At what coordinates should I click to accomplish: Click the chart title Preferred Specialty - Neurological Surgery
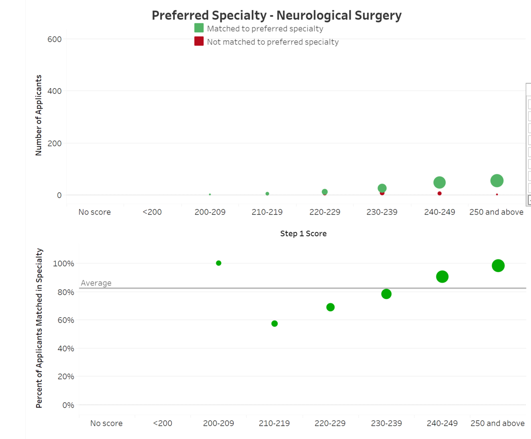tap(277, 15)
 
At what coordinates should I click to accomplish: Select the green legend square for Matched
tap(199, 28)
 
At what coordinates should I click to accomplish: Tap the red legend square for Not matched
tap(199, 42)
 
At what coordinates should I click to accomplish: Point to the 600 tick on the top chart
tap(54, 39)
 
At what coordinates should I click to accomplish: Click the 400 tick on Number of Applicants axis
tap(54, 91)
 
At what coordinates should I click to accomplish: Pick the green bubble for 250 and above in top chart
tap(497, 181)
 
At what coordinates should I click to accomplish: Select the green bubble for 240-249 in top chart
tap(439, 182)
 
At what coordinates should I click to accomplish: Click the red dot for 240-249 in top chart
tap(439, 193)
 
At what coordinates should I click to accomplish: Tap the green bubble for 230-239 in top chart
tap(382, 188)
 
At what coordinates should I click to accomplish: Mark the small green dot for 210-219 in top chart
tap(267, 194)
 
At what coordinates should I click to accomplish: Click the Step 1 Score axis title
tap(304, 233)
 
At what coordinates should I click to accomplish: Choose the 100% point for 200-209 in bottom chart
tap(219, 263)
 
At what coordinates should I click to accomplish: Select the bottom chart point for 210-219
tap(274, 323)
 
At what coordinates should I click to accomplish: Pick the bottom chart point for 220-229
tap(331, 307)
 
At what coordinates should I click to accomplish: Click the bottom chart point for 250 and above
tap(498, 266)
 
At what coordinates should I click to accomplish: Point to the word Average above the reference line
tap(96, 283)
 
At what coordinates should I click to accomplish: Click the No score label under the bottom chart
tap(106, 423)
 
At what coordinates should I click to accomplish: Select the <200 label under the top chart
tap(152, 212)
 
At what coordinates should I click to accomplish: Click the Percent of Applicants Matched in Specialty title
tap(39, 328)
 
